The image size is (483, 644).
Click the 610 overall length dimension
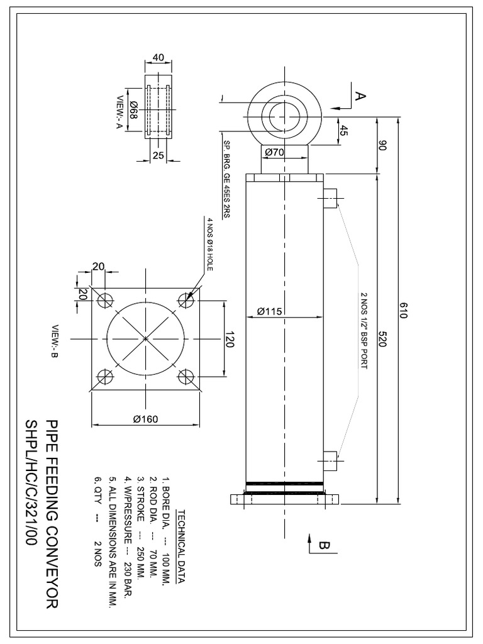click(404, 311)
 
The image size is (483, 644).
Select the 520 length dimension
click(382, 340)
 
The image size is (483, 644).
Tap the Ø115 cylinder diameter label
click(270, 311)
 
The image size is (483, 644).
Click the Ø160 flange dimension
click(145, 421)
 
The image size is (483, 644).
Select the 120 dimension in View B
click(230, 339)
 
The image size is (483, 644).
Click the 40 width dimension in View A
click(158, 57)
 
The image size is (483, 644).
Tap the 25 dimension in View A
click(158, 155)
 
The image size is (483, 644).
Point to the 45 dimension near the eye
click(343, 131)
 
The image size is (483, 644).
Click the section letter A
click(359, 96)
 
